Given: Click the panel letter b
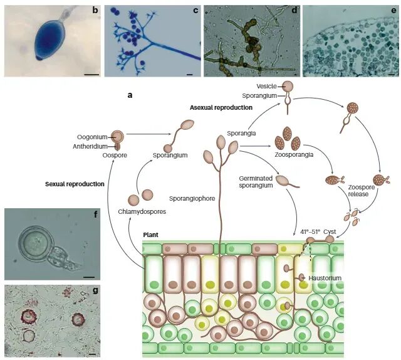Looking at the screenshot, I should (95, 11).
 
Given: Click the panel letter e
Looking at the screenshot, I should (393, 11).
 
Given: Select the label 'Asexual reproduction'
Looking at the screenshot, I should (221, 108).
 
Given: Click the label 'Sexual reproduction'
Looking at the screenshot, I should (75, 184).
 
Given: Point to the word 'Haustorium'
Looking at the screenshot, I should (325, 277).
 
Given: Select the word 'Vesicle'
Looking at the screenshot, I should (266, 85).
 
